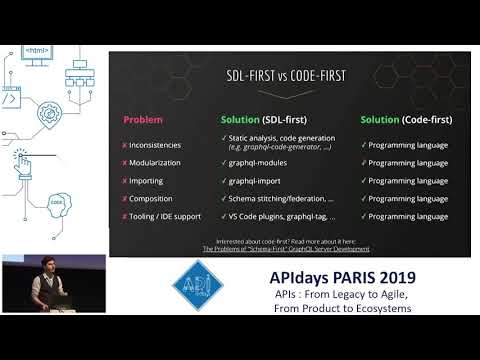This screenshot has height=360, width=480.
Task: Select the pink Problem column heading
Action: tap(143, 120)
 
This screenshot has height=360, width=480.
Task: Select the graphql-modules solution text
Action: tap(261, 163)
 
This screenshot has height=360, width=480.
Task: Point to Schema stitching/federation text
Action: tap(283, 199)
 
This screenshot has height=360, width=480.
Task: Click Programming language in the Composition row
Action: tap(408, 199)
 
